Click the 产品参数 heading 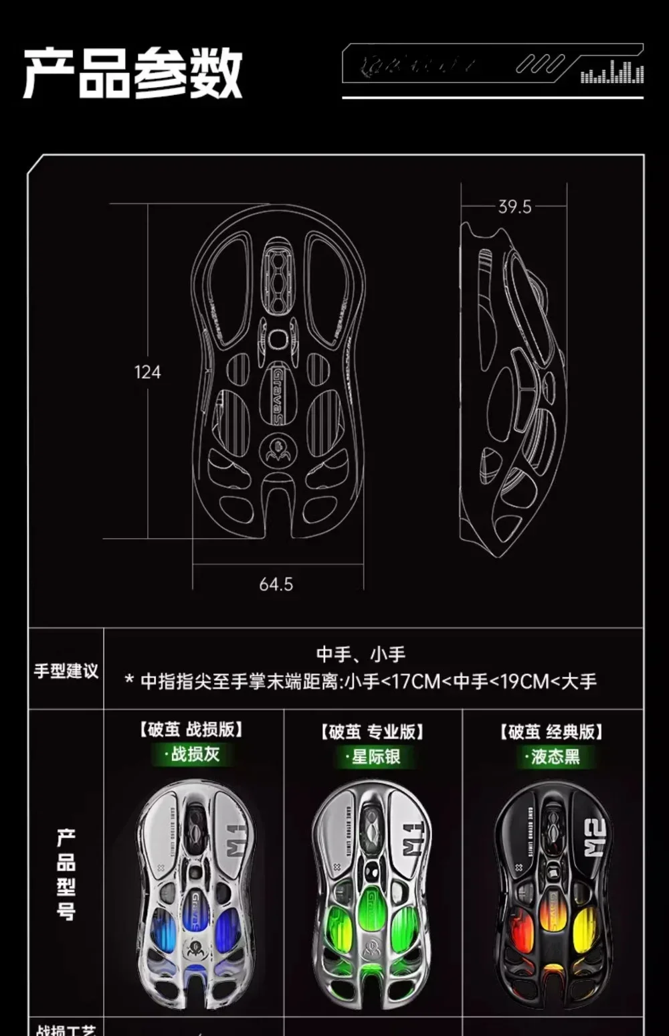tap(132, 73)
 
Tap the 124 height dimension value tap(147, 372)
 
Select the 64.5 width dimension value tap(276, 584)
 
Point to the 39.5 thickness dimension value tap(514, 207)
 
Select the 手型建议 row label tap(66, 671)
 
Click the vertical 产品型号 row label tap(66, 873)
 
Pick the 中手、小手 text tap(361, 654)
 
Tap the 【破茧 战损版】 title tap(192, 729)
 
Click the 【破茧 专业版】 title tap(373, 731)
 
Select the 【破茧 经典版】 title tap(552, 731)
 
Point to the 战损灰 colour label tap(193, 754)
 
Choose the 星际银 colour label tap(374, 757)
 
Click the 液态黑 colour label tap(553, 757)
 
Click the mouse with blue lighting tap(194, 897)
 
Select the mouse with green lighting tap(373, 897)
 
